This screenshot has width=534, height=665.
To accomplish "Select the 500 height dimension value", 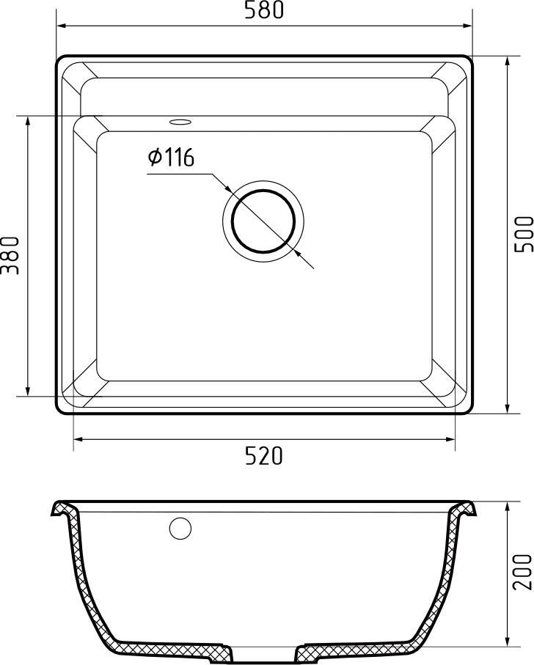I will point(522,235).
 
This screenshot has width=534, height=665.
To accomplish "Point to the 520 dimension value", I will point(263,456).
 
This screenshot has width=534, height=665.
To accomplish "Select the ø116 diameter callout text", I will point(170,158).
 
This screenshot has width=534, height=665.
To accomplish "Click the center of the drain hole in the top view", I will point(263,220).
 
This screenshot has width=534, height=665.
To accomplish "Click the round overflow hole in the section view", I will point(180,528).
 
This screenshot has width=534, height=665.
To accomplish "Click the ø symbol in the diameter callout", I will point(155,158).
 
